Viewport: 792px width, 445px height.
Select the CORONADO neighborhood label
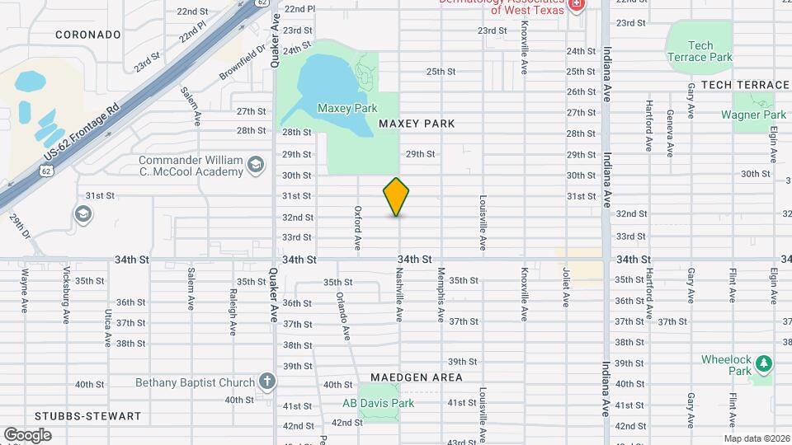[x=88, y=35]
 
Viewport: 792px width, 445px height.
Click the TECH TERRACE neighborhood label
[x=745, y=85]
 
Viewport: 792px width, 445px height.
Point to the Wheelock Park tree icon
[x=764, y=363]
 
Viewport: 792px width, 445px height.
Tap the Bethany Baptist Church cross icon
[x=266, y=381]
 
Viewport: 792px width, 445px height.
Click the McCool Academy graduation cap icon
[x=257, y=166]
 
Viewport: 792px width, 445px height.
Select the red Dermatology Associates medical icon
[x=576, y=6]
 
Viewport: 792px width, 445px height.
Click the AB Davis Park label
[x=378, y=403]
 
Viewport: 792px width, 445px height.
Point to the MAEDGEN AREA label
[x=423, y=377]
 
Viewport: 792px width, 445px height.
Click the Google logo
[x=27, y=434]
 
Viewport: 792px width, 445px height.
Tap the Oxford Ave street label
[x=358, y=228]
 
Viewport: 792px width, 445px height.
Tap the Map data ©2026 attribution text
[x=756, y=438]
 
